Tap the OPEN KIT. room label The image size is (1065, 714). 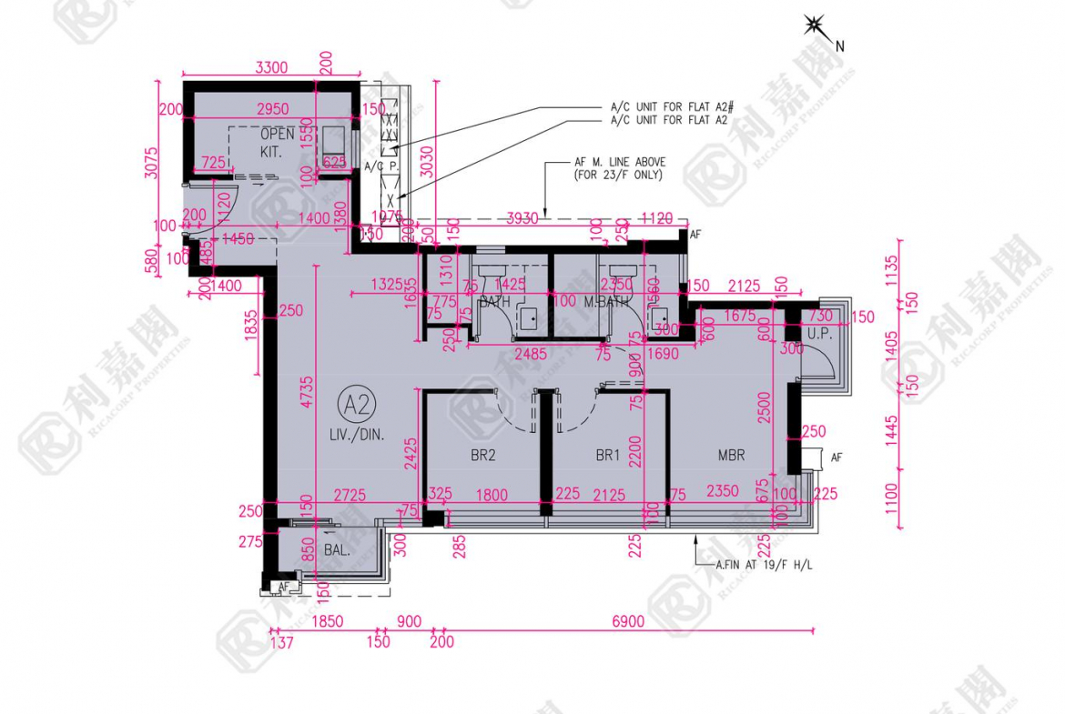click(277, 142)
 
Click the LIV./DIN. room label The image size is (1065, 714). click(358, 436)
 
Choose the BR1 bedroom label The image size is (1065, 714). click(607, 456)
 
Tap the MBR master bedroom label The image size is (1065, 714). click(730, 456)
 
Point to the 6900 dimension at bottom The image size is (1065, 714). click(628, 622)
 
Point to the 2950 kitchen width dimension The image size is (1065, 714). click(271, 109)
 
